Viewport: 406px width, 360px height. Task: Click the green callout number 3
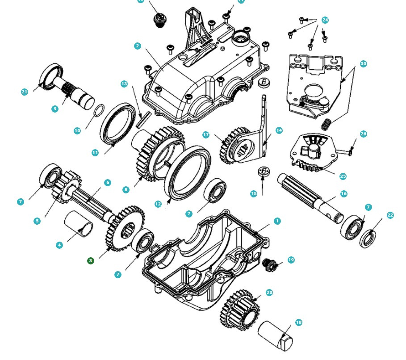pyautogui.click(x=91, y=260)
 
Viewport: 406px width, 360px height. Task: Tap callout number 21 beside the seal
pyautogui.click(x=25, y=92)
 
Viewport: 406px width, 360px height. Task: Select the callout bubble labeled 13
pyautogui.click(x=124, y=84)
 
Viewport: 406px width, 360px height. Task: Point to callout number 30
pyautogui.click(x=363, y=64)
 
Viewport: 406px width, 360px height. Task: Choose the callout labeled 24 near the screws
pyautogui.click(x=325, y=20)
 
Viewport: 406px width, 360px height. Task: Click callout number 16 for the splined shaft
pyautogui.click(x=343, y=194)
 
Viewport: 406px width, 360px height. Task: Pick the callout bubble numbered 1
pyautogui.click(x=277, y=221)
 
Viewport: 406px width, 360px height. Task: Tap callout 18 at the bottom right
pyautogui.click(x=299, y=322)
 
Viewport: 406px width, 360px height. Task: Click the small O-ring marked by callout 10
pyautogui.click(x=100, y=110)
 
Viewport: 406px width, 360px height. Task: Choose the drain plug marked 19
pyautogui.click(x=269, y=264)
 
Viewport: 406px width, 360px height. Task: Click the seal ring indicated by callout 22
pyautogui.click(x=368, y=238)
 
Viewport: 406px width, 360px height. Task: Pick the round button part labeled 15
pyautogui.click(x=264, y=172)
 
